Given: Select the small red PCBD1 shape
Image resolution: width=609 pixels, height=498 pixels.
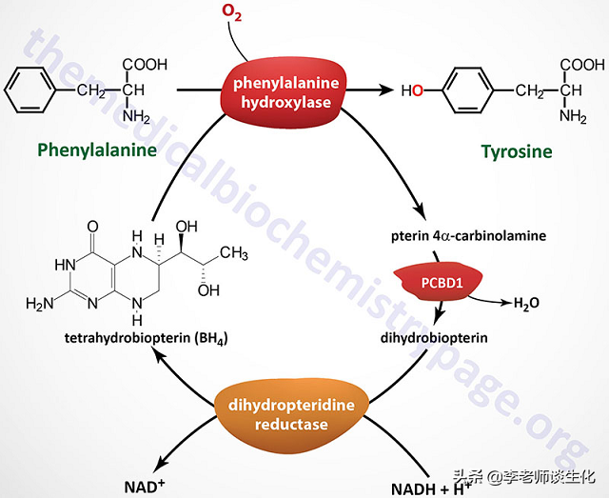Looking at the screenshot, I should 440,284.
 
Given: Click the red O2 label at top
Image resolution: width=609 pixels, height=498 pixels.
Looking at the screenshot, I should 232,12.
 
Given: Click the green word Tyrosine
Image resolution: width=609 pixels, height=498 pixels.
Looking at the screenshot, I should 516,150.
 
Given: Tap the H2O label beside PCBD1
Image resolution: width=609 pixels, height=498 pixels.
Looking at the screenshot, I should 527,303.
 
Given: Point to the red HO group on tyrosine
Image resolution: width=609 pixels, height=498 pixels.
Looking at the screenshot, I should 412,91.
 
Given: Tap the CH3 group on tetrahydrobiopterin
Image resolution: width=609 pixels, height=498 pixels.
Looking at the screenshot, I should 234,253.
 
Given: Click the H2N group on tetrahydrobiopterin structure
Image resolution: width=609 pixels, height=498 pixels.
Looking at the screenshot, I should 43,305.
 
